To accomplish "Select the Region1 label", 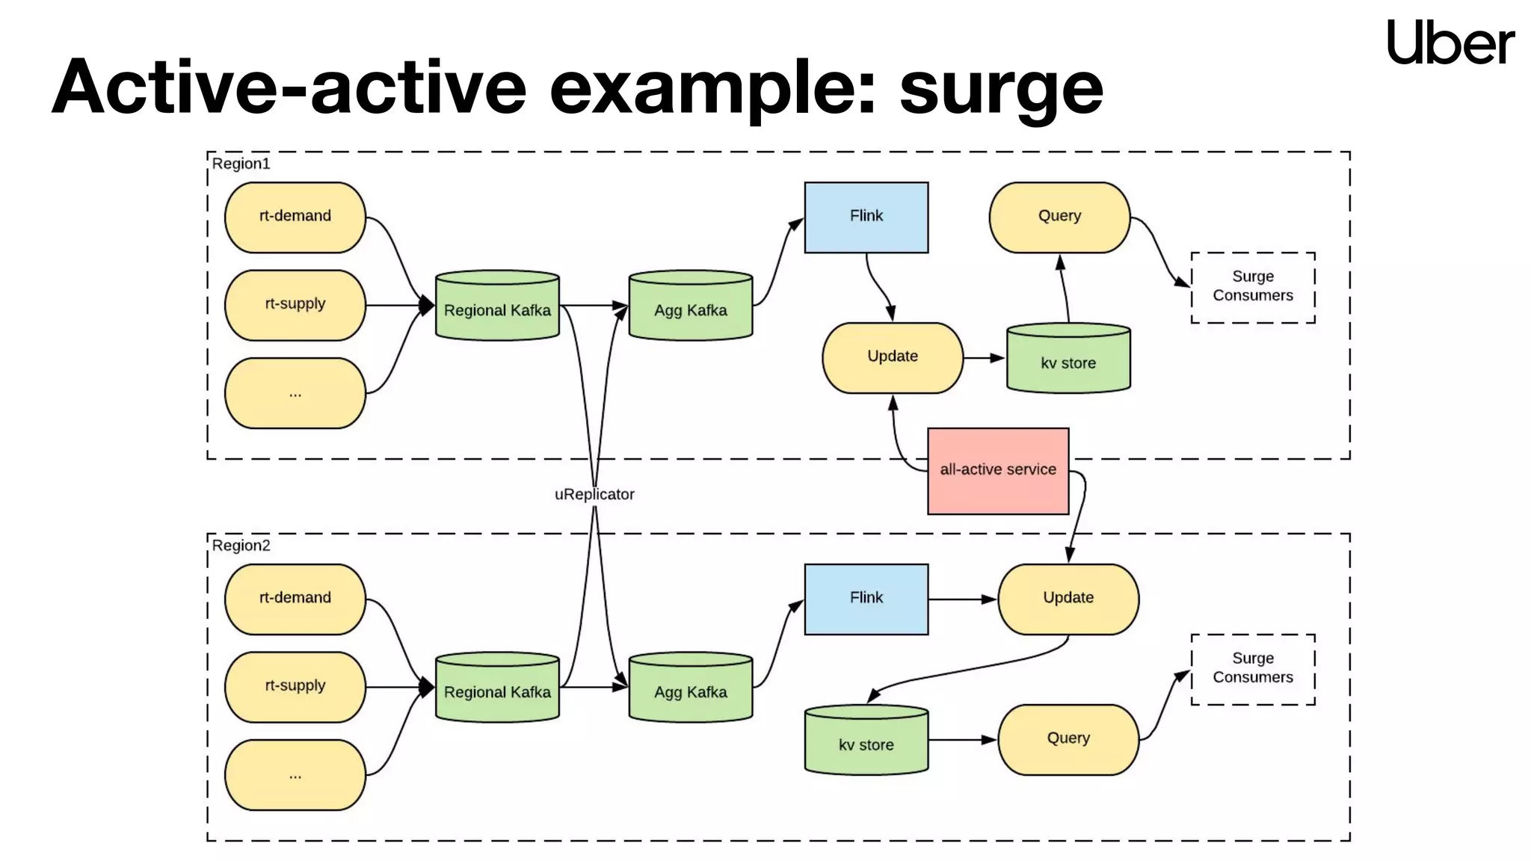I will click(241, 164).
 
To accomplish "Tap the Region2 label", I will click(241, 546).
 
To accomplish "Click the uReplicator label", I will click(594, 494).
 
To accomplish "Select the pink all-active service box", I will click(997, 471).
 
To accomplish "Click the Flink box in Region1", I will click(866, 217).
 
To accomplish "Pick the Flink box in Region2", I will click(866, 599).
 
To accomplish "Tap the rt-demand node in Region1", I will click(295, 217).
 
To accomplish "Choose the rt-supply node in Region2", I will click(295, 686).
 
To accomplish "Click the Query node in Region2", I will click(1068, 739).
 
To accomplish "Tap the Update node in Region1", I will click(892, 357).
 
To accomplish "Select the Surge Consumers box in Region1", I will click(1252, 287).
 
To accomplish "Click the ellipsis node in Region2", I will click(295, 775).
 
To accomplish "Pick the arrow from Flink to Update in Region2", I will click(962, 599).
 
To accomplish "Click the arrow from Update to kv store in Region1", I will click(984, 358).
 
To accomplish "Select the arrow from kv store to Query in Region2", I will click(962, 740).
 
